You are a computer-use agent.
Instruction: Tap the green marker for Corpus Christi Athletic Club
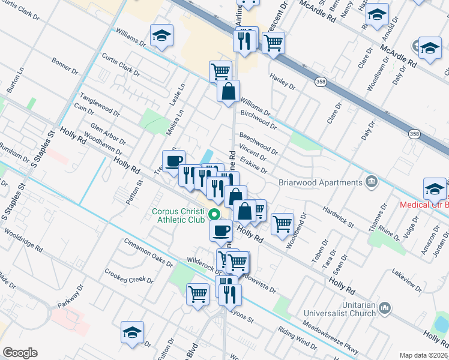click(213, 212)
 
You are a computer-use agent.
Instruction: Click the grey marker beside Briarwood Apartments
click(372, 181)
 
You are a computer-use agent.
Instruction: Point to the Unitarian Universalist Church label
click(339, 309)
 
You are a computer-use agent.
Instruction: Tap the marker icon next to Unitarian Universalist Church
click(384, 308)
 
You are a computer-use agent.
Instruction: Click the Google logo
click(20, 353)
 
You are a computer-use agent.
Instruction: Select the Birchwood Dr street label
click(258, 119)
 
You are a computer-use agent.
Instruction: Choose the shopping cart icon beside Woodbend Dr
click(282, 224)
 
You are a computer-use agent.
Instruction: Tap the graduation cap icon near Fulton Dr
click(133, 332)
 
